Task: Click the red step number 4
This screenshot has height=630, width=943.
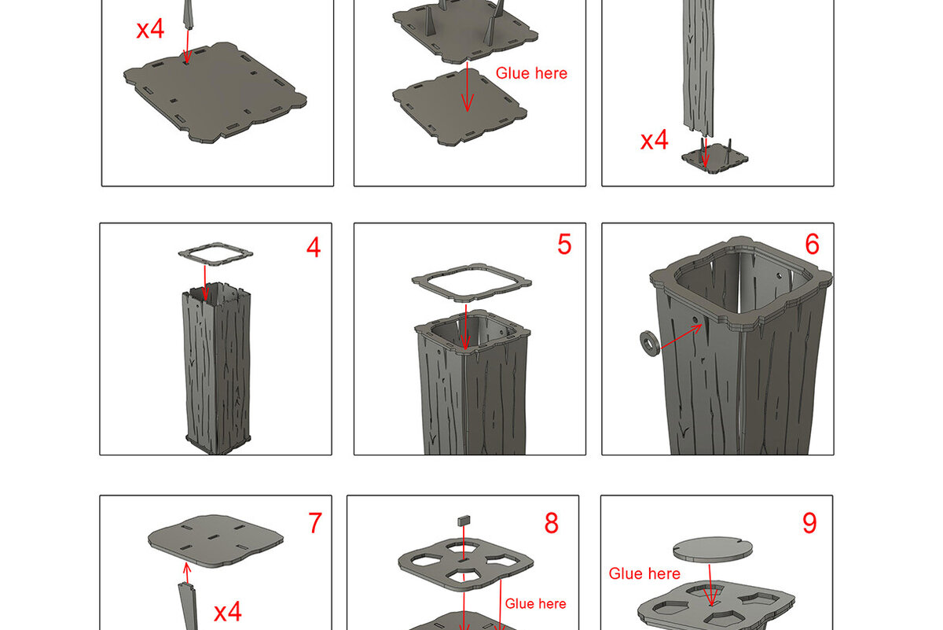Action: tap(314, 248)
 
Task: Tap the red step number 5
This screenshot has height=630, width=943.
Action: tap(564, 244)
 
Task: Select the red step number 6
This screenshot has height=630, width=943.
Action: tap(812, 244)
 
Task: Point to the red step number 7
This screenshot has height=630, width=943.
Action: tap(315, 523)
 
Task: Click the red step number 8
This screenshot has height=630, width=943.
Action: tap(552, 523)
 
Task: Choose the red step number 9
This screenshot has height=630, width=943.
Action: tap(809, 523)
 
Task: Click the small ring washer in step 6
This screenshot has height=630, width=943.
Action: tap(650, 344)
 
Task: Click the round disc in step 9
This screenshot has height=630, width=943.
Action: tap(713, 549)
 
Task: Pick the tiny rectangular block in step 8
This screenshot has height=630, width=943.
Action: tap(464, 521)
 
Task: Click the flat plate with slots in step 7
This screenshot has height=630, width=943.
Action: tap(215, 540)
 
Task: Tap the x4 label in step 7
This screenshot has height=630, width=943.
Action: tap(228, 612)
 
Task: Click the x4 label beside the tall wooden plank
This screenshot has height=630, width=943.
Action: tap(654, 140)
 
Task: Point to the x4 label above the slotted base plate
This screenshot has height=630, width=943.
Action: tap(150, 29)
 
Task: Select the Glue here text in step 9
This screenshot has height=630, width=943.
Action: tap(644, 573)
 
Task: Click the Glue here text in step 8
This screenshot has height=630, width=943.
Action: tap(535, 603)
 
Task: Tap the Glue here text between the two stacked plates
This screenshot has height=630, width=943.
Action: tap(531, 73)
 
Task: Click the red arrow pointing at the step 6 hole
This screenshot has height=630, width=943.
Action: tap(681, 337)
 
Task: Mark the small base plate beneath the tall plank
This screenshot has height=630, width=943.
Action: tap(715, 159)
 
